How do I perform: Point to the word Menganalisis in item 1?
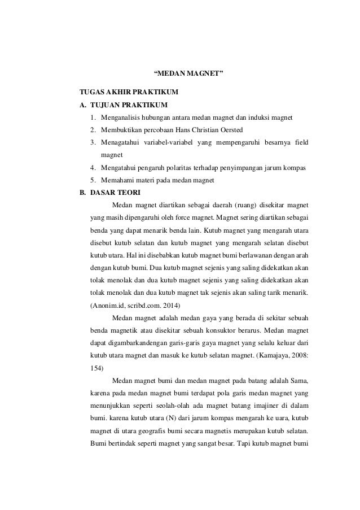click(120, 117)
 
